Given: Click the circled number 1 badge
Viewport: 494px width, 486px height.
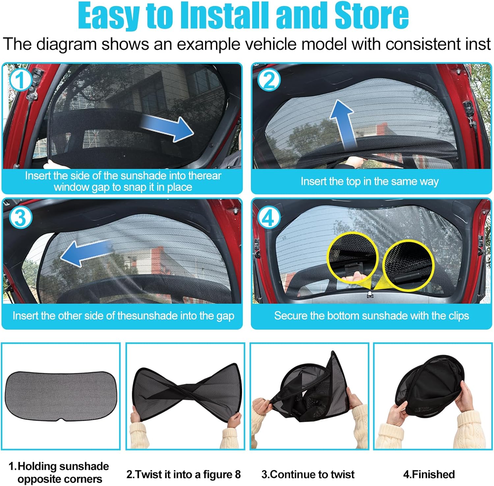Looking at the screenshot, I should click(20, 80).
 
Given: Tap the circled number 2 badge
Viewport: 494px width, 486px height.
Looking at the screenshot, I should click(269, 80).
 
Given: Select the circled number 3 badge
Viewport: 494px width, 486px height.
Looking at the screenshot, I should click(20, 218).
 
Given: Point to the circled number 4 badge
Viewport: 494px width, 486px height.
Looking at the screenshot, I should click(269, 218).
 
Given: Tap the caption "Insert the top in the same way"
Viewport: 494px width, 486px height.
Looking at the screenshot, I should click(370, 181).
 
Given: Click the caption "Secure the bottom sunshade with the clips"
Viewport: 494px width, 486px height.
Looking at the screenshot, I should click(371, 316).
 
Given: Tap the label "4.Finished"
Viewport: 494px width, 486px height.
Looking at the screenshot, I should click(429, 474).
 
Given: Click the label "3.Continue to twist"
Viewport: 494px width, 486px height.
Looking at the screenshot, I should click(308, 474).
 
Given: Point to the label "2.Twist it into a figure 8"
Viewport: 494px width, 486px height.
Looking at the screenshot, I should click(183, 474).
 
